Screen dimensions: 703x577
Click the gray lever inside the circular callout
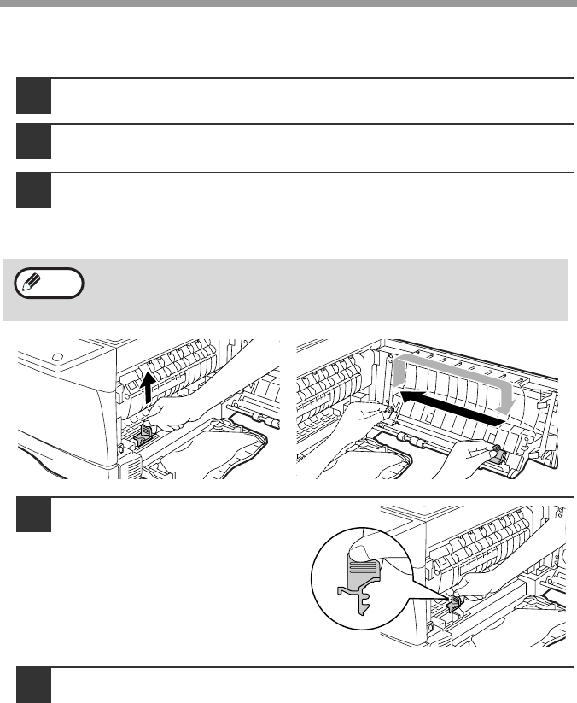tap(358, 571)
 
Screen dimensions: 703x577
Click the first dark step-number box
tap(33, 96)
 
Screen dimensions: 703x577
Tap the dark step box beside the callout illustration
tap(33, 515)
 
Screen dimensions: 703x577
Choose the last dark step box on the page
tap(33, 685)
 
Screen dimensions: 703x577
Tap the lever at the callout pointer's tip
tap(456, 603)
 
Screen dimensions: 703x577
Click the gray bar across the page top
tap(288, 3)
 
